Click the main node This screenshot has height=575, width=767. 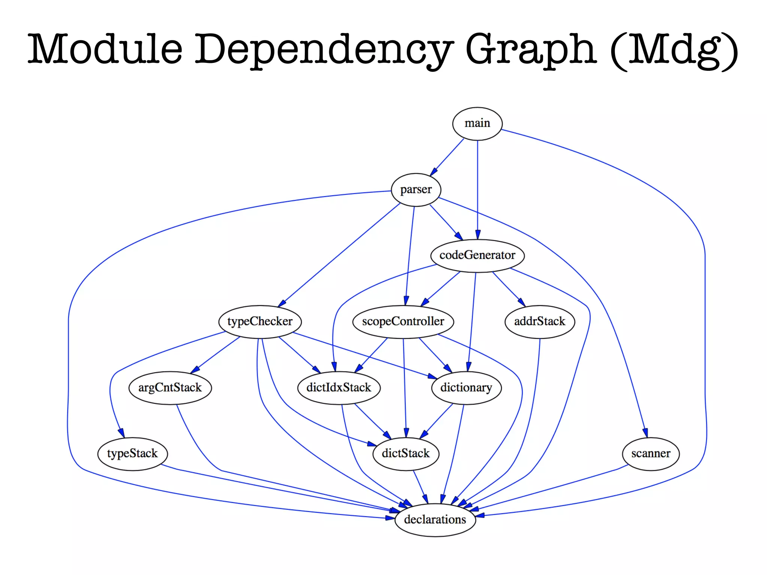(477, 124)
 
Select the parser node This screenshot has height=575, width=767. (416, 190)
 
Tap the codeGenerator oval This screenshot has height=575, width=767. (477, 256)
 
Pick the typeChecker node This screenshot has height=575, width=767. (260, 322)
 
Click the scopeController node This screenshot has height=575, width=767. (403, 322)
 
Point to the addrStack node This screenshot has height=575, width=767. (539, 322)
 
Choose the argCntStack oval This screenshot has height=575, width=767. (170, 388)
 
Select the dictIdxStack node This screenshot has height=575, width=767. (339, 388)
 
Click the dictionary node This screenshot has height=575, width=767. (466, 388)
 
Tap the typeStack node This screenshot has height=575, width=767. (132, 454)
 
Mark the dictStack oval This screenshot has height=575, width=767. (406, 454)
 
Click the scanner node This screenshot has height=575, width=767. (651, 454)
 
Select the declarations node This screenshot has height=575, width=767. (435, 520)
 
